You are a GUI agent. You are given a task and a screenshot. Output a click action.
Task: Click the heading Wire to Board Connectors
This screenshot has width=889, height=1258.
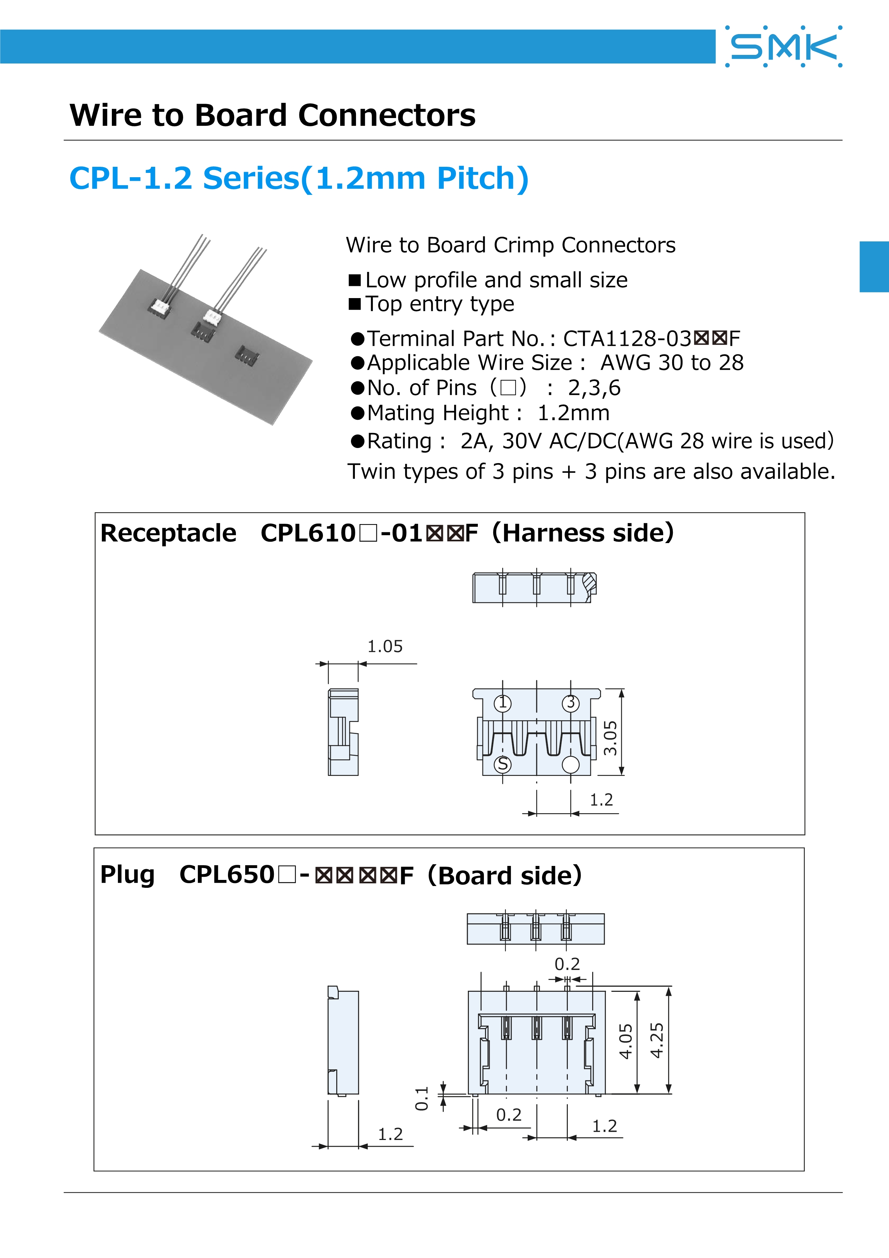pos(272,115)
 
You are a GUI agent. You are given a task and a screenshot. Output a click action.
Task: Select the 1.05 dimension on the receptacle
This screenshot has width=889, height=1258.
pos(385,646)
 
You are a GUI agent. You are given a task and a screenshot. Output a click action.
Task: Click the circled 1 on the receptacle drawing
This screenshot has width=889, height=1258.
pos(503,703)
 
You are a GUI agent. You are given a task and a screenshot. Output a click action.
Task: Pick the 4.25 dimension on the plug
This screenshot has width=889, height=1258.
pos(656,1040)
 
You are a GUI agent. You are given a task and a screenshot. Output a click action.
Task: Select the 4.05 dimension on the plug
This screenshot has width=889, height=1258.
pos(625,1041)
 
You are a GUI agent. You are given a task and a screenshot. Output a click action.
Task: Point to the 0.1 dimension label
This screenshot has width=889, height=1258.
pos(422,1099)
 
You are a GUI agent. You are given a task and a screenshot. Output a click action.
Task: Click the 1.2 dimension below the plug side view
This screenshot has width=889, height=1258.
pos(390,1134)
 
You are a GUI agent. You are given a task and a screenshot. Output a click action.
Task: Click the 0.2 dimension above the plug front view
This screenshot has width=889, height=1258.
pos(567,964)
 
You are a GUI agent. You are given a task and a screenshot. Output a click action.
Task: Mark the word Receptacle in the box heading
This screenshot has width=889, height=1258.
pos(168,533)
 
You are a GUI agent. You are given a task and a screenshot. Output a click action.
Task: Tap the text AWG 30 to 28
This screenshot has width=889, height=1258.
pos(672,363)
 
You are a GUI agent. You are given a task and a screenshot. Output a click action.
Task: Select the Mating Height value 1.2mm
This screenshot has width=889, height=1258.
pos(573,413)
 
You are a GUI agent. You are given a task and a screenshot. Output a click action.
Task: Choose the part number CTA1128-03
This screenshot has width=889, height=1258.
pos(627,339)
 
